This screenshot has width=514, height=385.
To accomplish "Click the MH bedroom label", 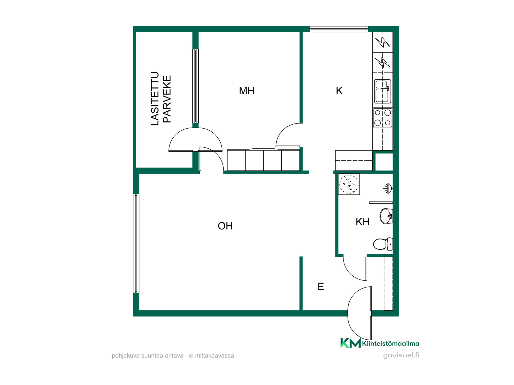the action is point(247,91).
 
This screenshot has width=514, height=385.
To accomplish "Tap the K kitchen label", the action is point(339,91).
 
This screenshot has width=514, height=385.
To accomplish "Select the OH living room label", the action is point(225,226).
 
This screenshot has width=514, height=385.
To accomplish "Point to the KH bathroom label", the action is point(362,222).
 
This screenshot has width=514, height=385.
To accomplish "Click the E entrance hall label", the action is point(321,287).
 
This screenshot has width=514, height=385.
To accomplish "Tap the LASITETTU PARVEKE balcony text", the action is point(161,99).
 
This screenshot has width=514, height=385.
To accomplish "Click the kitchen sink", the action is point(383,91).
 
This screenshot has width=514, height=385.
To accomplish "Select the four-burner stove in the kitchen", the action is point(383,118).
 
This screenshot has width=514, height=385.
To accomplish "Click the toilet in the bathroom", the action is point(383,244).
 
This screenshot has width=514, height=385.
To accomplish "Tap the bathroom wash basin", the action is point(386,216).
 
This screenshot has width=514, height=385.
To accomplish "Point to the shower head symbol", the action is point(388,188).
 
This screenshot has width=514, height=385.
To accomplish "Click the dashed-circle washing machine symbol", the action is point(349,184).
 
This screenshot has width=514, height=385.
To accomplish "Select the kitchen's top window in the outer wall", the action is point(339,29).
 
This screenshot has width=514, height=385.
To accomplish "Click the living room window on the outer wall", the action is point(136,243).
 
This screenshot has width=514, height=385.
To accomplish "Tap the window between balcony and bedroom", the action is point(195,86).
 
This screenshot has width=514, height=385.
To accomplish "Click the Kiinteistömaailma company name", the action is point(391,344).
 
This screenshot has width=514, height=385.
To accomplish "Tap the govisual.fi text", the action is point(401,355).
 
